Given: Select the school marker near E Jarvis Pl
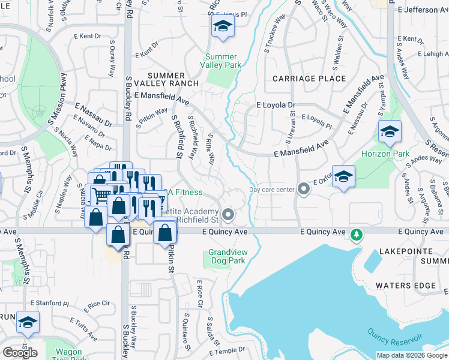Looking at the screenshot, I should pyautogui.click(x=223, y=26).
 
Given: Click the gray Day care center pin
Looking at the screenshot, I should pyautogui.click(x=304, y=190).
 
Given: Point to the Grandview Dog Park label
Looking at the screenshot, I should pyautogui.click(x=227, y=257).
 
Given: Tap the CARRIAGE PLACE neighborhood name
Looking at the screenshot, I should pyautogui.click(x=309, y=79).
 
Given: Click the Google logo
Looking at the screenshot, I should pyautogui.click(x=20, y=353).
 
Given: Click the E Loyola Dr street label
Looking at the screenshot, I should pyautogui.click(x=276, y=105).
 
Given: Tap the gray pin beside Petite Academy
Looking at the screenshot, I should pyautogui.click(x=228, y=214).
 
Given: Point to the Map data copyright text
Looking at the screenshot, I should pyautogui.click(x=411, y=355).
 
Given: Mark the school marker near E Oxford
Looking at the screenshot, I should pyautogui.click(x=343, y=176).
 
